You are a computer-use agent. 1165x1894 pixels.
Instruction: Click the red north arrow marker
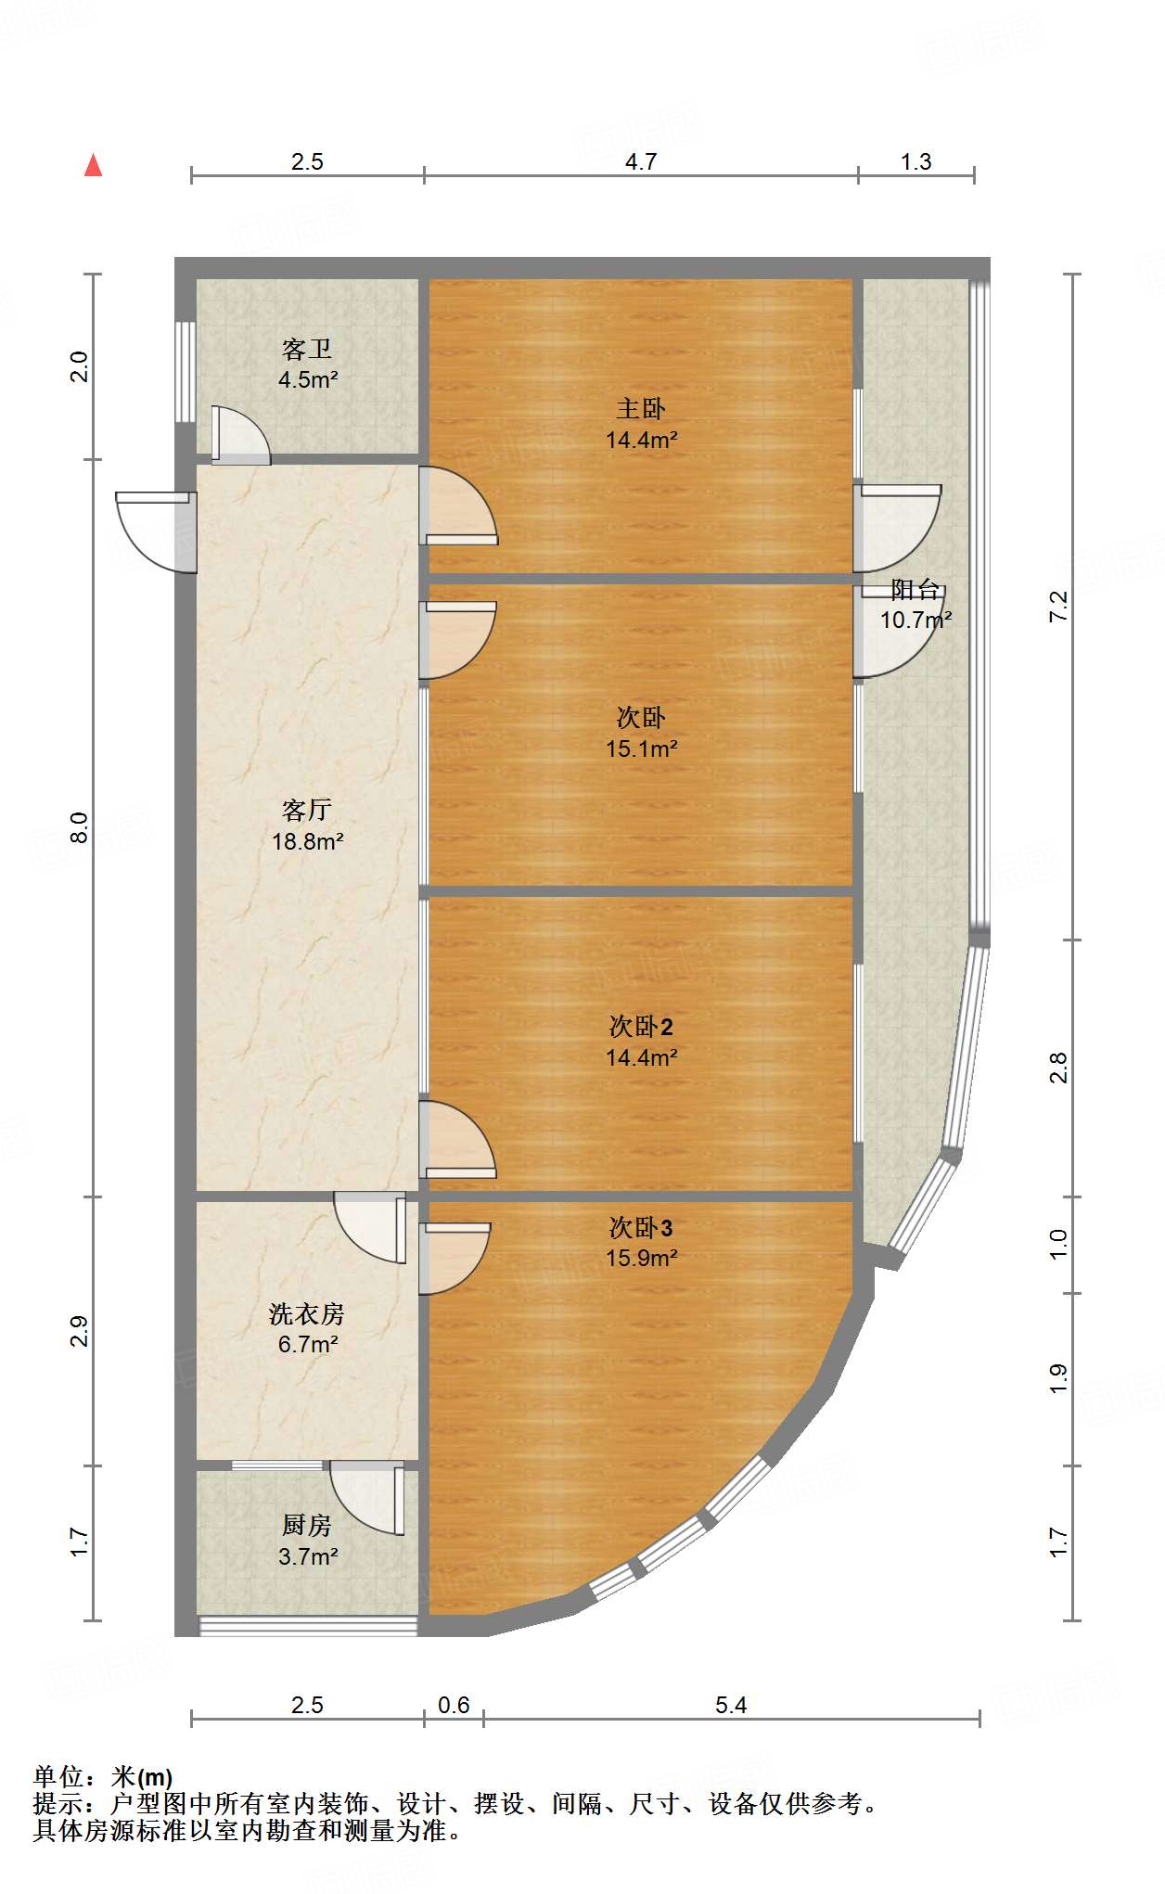(x=93, y=165)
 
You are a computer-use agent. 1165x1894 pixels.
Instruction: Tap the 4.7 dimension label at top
(x=640, y=162)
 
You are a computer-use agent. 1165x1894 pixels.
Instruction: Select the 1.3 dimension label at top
(x=915, y=162)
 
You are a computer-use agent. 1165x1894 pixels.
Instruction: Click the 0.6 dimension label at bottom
(x=454, y=1705)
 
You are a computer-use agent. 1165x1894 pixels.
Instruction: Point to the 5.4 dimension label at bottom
(x=731, y=1705)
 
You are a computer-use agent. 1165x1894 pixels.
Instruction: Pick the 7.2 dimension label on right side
(x=1058, y=607)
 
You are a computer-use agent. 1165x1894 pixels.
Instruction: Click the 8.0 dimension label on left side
(x=80, y=827)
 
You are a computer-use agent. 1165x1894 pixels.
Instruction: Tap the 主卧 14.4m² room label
(x=641, y=424)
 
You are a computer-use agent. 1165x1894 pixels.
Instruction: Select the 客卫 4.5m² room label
(x=307, y=364)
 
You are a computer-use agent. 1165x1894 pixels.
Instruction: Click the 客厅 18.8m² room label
(x=307, y=825)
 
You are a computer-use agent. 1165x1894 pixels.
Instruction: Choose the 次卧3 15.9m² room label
(x=641, y=1242)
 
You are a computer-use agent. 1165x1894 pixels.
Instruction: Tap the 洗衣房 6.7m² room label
(x=307, y=1328)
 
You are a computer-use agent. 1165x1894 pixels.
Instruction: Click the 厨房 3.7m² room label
(x=307, y=1541)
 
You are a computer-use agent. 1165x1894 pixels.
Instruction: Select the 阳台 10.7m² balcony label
(x=915, y=604)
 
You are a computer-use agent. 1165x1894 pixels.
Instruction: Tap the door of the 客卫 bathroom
(x=238, y=434)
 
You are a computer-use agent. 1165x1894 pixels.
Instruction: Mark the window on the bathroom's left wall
(x=186, y=372)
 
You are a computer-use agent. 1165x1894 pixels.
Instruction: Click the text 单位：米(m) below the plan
(x=103, y=1777)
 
